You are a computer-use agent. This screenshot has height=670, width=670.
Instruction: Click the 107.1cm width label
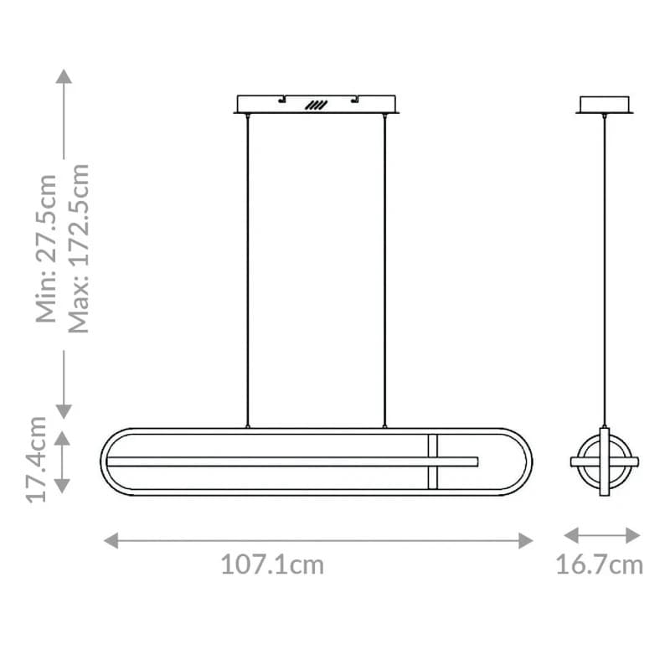(272, 564)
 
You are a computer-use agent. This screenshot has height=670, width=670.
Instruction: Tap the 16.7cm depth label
(600, 564)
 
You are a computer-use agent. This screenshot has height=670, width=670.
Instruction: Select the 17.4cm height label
(38, 460)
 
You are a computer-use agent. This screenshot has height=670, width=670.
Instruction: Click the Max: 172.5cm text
(78, 249)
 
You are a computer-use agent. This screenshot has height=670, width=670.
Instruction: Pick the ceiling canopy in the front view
(316, 104)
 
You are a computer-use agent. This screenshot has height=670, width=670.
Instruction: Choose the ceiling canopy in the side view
(604, 105)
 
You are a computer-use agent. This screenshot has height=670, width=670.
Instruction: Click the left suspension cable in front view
(247, 268)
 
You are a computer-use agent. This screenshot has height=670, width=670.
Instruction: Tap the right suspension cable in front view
(384, 268)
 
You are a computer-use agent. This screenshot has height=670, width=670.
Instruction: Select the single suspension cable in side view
(604, 268)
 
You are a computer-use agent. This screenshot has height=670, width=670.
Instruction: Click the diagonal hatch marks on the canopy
(315, 106)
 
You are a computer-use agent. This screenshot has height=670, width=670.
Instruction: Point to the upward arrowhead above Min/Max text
(64, 76)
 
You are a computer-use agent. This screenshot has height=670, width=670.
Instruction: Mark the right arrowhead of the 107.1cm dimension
(525, 540)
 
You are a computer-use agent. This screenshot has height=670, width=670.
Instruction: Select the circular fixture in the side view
(604, 461)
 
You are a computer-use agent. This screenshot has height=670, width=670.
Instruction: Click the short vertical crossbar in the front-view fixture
(433, 461)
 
